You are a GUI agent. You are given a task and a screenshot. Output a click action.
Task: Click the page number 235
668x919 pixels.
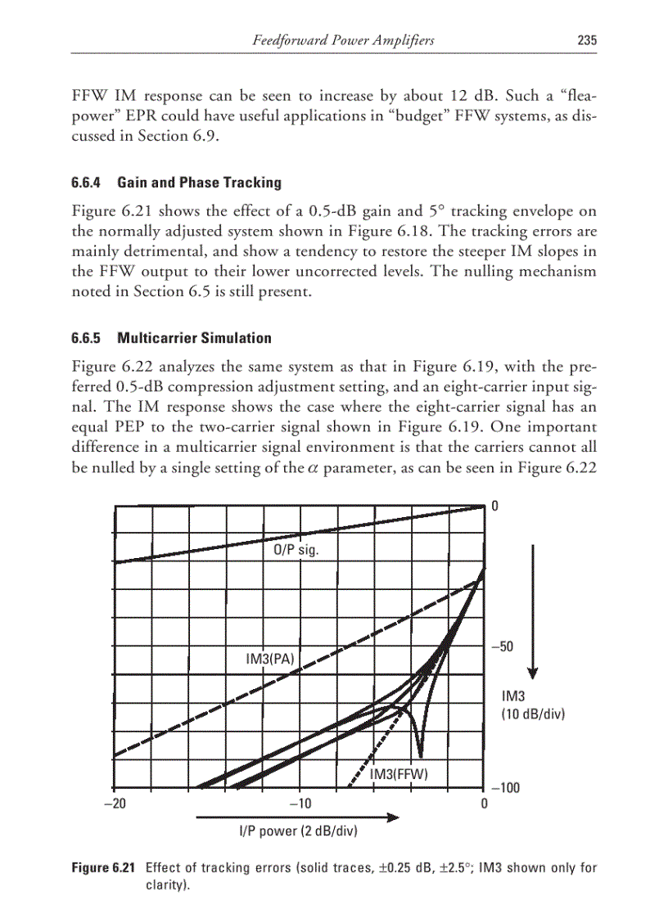coord(586,40)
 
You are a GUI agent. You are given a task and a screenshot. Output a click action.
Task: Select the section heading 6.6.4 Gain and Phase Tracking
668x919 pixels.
coord(177,182)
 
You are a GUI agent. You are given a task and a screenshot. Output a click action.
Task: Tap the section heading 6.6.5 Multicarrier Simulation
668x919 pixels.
coord(172,338)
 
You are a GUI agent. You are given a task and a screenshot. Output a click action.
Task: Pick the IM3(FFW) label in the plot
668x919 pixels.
coord(399,774)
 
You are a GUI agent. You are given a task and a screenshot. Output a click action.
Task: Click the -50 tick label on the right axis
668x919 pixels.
coord(501,646)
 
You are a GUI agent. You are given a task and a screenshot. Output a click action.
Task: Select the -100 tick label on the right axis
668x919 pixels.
coord(504,788)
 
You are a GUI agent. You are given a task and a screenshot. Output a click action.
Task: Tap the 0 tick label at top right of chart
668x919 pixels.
coord(495,507)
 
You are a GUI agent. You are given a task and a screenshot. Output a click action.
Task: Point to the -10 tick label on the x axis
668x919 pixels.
coord(300,804)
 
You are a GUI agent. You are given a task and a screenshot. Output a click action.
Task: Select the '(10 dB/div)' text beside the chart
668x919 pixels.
coord(533,714)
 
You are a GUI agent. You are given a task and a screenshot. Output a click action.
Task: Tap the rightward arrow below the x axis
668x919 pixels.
coord(297,817)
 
